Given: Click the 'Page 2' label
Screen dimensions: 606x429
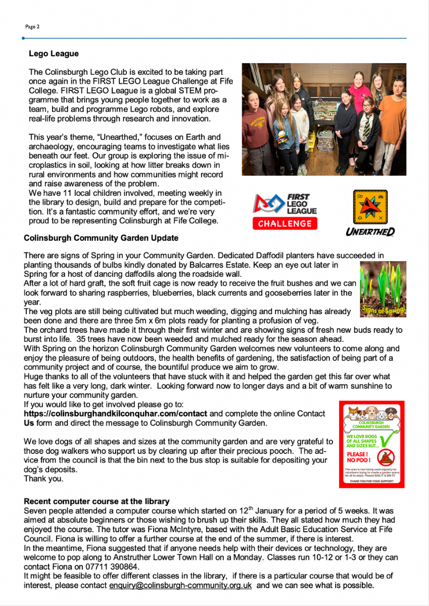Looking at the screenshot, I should click(x=32, y=26).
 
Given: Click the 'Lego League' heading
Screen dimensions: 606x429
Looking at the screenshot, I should click(x=54, y=54).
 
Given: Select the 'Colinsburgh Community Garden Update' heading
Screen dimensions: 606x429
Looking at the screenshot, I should click(x=101, y=237).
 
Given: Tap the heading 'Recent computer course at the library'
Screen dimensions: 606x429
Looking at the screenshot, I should click(x=97, y=501).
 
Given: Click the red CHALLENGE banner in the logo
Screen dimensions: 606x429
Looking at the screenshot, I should click(x=285, y=223).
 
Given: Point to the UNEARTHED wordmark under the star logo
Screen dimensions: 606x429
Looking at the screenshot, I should click(x=370, y=232).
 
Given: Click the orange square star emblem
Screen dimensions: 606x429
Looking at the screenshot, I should click(x=370, y=208).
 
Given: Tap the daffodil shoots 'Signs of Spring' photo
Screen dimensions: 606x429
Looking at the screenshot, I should click(x=383, y=289).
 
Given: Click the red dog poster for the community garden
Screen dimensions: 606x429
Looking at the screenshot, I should click(x=371, y=444).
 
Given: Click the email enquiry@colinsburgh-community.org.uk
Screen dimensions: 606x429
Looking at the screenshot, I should click(x=180, y=585).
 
